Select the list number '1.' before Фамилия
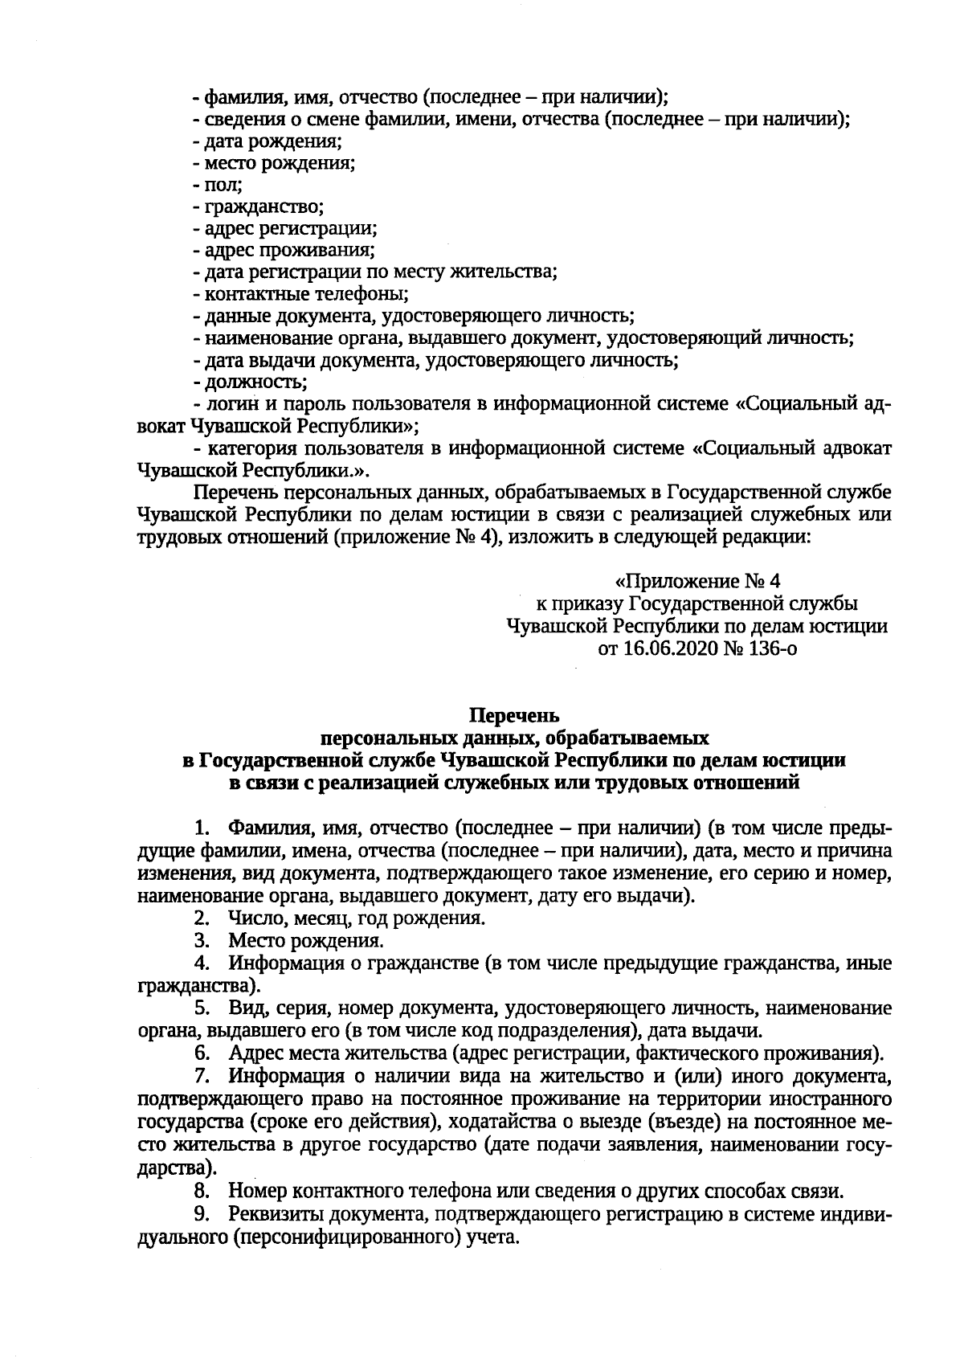tap(202, 828)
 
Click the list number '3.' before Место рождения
tap(202, 939)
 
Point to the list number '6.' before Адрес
tap(202, 1053)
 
